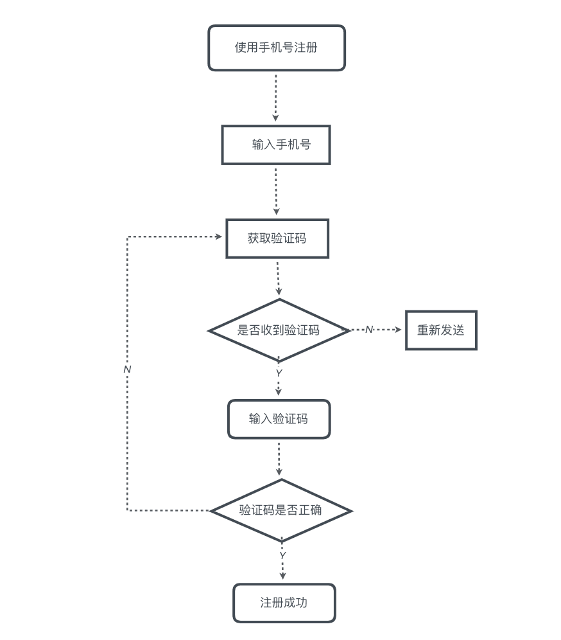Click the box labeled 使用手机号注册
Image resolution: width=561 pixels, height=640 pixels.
[x=277, y=48]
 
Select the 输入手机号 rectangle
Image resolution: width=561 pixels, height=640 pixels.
[x=276, y=145]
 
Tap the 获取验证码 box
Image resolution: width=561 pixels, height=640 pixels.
[x=277, y=238]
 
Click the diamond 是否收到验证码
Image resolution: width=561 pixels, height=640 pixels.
[x=279, y=330]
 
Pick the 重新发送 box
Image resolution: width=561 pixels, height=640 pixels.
[x=441, y=330]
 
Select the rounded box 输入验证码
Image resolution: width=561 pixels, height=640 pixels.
[x=279, y=419]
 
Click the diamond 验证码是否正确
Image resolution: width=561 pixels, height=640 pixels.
[x=280, y=511]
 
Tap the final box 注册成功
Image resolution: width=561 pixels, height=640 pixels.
[x=284, y=603]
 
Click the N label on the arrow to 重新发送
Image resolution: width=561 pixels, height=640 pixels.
[x=368, y=330]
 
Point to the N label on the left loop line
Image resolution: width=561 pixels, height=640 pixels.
[x=127, y=369]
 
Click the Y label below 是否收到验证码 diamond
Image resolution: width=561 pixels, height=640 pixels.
[x=279, y=373]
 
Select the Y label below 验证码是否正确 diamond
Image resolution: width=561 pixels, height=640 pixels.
[x=282, y=555]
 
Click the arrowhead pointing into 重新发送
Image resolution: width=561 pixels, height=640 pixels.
[x=398, y=330]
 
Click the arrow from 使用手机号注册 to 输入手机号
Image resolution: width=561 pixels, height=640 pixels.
[x=276, y=96]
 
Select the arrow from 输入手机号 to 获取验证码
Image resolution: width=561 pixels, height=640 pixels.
[x=276, y=191]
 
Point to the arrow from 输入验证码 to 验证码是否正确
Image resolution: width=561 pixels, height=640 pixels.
[x=279, y=458]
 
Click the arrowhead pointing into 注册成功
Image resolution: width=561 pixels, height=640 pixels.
[x=282, y=576]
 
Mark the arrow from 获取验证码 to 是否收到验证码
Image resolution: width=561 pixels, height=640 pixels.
[x=278, y=278]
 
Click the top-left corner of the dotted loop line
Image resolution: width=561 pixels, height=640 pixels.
[x=128, y=237]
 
